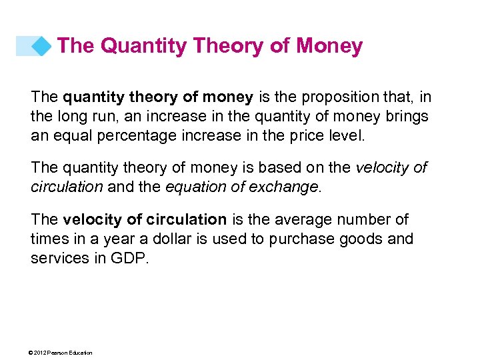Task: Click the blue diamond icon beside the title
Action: [x=41, y=46]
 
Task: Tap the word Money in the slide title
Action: [x=329, y=46]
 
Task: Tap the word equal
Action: [x=71, y=136]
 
